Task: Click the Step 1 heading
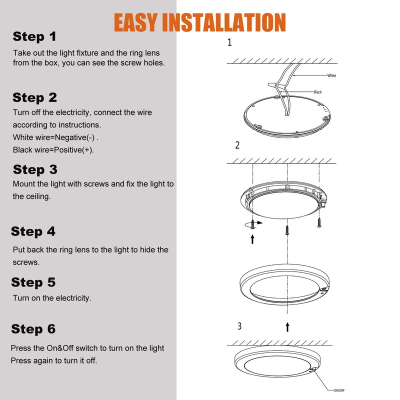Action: click(x=34, y=36)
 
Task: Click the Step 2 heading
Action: click(x=35, y=97)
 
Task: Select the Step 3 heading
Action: click(x=35, y=169)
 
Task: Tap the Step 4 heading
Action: click(x=33, y=231)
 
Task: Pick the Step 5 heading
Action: click(x=33, y=282)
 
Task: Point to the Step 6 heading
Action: click(x=33, y=329)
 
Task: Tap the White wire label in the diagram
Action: click(x=331, y=75)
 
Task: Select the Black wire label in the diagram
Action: click(x=317, y=92)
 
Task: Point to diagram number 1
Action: click(x=229, y=42)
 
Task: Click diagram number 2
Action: click(x=237, y=145)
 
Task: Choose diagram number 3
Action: click(x=239, y=326)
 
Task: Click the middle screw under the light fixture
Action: click(x=287, y=229)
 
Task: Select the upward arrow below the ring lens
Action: click(x=287, y=326)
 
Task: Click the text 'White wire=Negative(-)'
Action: click(x=59, y=137)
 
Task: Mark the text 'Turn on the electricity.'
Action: click(x=52, y=298)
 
